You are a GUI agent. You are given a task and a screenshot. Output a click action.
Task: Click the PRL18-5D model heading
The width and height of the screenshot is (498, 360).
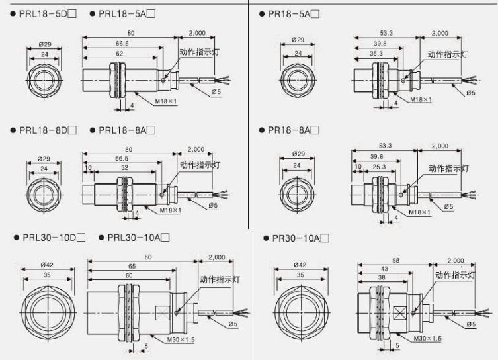pyautogui.click(x=44, y=14)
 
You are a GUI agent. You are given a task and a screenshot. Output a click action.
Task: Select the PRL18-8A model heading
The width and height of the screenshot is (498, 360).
pyautogui.click(x=123, y=130)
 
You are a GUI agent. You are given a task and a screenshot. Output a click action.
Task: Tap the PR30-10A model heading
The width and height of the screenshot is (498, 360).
pyautogui.click(x=296, y=238)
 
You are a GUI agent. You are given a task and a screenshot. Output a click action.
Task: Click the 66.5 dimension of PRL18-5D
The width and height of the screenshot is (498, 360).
pyautogui.click(x=122, y=44)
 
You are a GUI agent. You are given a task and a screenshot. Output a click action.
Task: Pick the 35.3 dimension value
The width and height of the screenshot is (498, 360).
pyautogui.click(x=376, y=54)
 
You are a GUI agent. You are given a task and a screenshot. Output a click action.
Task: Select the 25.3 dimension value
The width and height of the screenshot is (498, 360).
pyautogui.click(x=379, y=167)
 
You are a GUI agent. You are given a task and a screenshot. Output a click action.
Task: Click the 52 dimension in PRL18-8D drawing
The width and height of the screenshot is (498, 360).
pyautogui.click(x=124, y=167)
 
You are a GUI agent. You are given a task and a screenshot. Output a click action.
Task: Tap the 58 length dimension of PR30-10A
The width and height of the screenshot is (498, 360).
pyautogui.click(x=395, y=261)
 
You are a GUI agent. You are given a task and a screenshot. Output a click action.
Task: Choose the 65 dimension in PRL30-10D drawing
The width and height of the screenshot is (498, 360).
pyautogui.click(x=132, y=266)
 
